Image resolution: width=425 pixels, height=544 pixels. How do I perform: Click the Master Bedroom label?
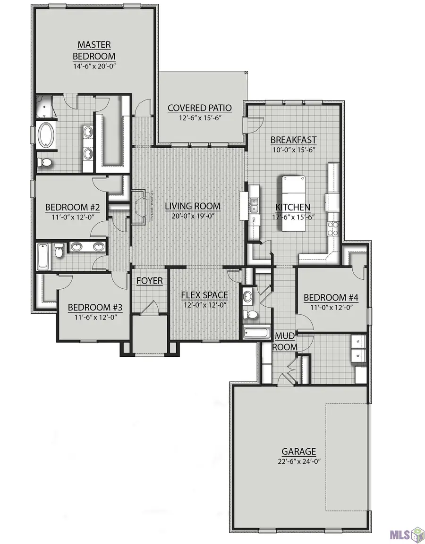click(x=94, y=50)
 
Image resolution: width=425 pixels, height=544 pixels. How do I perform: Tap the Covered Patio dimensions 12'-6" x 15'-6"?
click(x=199, y=118)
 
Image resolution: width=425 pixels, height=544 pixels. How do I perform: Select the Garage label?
click(x=299, y=452)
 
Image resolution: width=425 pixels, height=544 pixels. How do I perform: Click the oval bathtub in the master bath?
click(x=45, y=136)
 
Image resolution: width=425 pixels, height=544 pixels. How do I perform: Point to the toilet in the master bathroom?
click(x=46, y=163)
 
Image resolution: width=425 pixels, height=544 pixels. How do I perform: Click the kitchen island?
click(x=293, y=203)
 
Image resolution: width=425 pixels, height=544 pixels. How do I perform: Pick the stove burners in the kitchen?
click(x=333, y=227)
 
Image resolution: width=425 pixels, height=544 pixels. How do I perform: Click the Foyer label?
click(x=150, y=281)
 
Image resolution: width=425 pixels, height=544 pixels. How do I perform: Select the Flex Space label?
click(x=205, y=295)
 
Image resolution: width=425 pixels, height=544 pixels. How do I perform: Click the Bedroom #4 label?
click(x=331, y=298)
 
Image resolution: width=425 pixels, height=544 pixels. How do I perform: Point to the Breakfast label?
click(x=293, y=140)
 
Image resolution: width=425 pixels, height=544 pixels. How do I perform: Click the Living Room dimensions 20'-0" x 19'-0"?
click(x=193, y=217)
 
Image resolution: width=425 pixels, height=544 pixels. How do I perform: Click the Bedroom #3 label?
click(x=95, y=308)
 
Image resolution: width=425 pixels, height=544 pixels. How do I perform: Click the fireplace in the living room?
click(x=138, y=207)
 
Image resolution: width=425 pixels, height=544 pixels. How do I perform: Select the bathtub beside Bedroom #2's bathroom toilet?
click(x=43, y=256)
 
